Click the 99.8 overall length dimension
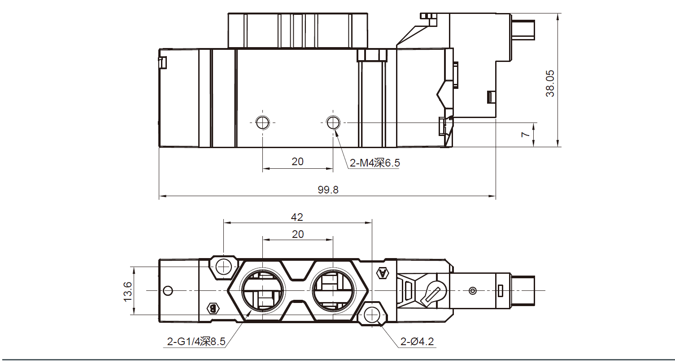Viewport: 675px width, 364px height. pyautogui.click(x=328, y=190)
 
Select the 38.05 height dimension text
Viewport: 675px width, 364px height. pyautogui.click(x=550, y=83)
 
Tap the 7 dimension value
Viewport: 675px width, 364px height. pyautogui.click(x=526, y=134)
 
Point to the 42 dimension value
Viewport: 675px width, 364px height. pyautogui.click(x=297, y=217)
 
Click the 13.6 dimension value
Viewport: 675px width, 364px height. pyautogui.click(x=127, y=292)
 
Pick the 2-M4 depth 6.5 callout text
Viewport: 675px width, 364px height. pyautogui.click(x=375, y=163)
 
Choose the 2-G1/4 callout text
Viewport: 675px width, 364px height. pyautogui.click(x=196, y=342)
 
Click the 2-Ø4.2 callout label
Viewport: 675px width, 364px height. pyautogui.click(x=417, y=342)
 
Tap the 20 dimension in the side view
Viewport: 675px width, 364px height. pyautogui.click(x=297, y=162)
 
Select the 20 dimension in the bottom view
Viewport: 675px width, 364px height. pyautogui.click(x=298, y=234)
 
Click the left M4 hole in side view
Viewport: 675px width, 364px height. pyautogui.click(x=262, y=123)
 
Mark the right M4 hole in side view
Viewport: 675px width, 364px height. pyautogui.click(x=333, y=123)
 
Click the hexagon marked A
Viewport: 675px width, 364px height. pyautogui.click(x=383, y=273)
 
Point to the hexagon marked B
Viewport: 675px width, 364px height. pyautogui.click(x=213, y=308)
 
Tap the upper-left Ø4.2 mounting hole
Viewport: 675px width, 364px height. pyautogui.click(x=224, y=267)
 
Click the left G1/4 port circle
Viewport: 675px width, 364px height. pyautogui.click(x=262, y=290)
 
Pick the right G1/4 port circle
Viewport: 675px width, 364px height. pyautogui.click(x=333, y=290)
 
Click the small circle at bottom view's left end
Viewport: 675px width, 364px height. pyautogui.click(x=168, y=291)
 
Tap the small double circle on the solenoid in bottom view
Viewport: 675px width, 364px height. pyautogui.click(x=473, y=291)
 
